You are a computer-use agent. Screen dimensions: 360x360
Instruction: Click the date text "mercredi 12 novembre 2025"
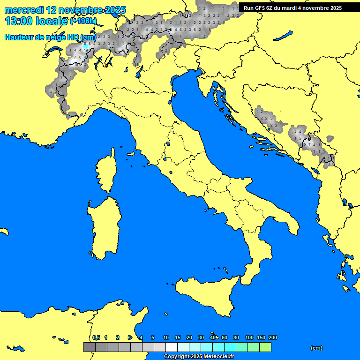65,10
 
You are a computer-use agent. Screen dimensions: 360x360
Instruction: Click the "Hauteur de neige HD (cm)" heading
50,37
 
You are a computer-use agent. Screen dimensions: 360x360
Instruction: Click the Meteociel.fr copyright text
199,357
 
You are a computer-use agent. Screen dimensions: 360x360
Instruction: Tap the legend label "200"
272,337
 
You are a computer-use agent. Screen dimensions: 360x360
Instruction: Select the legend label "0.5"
96,337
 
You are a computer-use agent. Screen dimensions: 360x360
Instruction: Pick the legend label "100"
249,337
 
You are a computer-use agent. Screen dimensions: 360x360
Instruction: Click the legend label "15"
178,337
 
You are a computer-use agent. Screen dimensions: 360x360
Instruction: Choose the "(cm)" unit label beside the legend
316,348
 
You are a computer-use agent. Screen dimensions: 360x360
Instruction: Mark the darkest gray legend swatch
89,347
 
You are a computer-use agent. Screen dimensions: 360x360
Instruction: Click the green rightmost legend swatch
265,347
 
